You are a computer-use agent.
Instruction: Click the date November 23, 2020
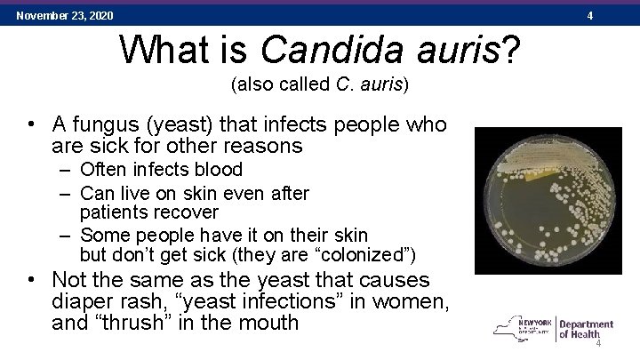64,15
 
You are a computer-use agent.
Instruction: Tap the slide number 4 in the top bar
614,15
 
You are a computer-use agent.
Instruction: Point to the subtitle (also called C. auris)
319,85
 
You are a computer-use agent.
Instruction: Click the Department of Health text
585,330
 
